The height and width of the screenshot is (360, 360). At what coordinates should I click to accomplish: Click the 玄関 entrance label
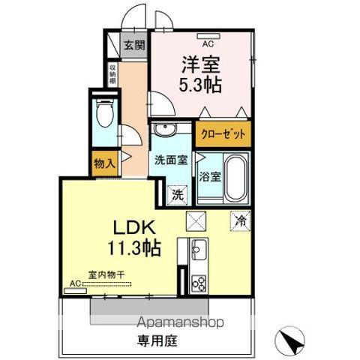[135, 44]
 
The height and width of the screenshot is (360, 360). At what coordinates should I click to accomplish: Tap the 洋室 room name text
[199, 64]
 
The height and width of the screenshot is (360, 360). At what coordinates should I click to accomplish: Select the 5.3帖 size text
[199, 85]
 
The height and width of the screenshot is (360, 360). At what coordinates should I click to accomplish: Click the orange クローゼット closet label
[222, 135]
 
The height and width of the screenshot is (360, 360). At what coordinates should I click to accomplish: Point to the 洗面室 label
[169, 159]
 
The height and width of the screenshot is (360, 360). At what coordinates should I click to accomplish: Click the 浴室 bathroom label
[209, 177]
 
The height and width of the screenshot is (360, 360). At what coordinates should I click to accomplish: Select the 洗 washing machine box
[178, 194]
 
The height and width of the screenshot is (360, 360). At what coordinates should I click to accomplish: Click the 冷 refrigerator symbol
[241, 221]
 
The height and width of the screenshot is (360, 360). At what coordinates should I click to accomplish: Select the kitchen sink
[199, 248]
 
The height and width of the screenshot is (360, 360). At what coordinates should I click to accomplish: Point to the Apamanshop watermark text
[181, 323]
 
